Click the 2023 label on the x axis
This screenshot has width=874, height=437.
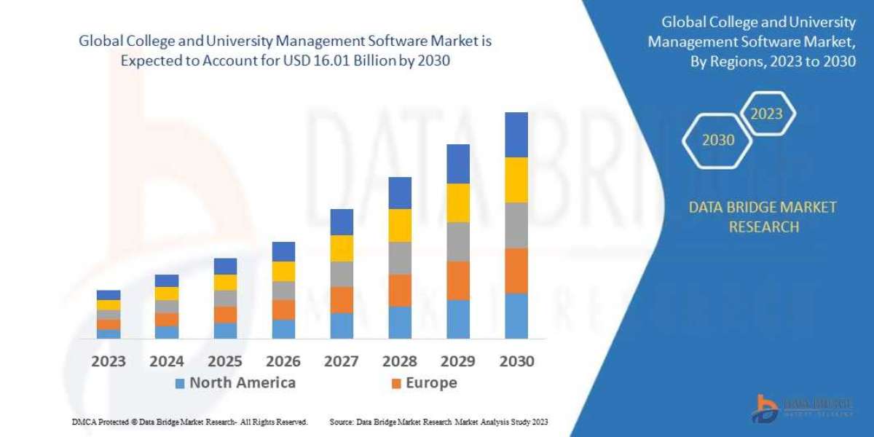[109, 361]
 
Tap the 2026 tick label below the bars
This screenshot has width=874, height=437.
[283, 361]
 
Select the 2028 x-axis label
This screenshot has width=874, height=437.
[400, 361]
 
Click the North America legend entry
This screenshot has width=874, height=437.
[235, 383]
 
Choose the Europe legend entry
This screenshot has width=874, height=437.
[424, 383]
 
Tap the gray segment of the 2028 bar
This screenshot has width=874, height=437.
[400, 258]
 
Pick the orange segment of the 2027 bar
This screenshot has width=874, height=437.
[342, 299]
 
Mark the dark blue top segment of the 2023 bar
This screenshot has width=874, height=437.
[109, 295]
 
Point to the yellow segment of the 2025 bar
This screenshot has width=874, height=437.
[225, 283]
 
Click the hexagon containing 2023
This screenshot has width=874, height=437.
[766, 114]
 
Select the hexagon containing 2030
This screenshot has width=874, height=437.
[717, 140]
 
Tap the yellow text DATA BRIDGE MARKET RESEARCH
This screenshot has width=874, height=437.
[763, 217]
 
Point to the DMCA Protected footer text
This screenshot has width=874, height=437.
[190, 422]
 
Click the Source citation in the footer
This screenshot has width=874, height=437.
[438, 422]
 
